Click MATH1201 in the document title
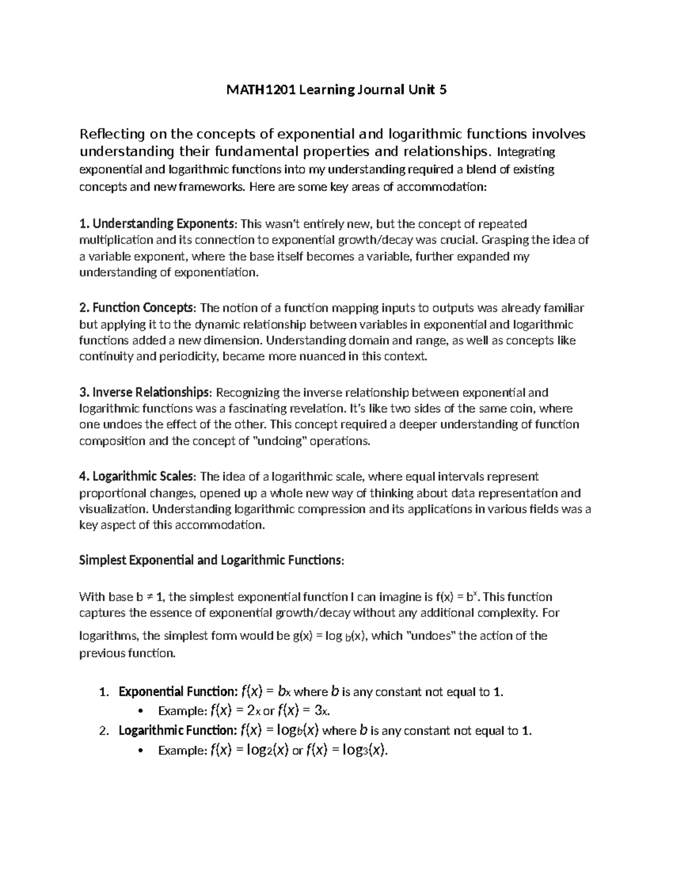tap(259, 90)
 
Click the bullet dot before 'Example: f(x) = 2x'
tap(139, 711)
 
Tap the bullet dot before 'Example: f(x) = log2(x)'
tap(139, 750)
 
